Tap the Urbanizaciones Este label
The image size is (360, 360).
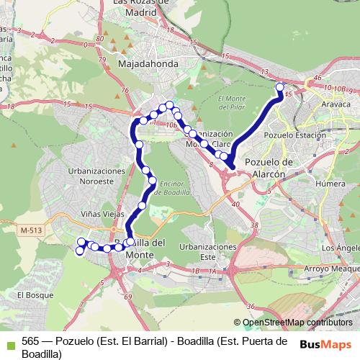tap(208, 252)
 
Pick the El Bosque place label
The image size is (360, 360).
tap(31, 294)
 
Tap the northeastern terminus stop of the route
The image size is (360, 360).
tap(280, 87)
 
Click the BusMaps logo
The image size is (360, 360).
tap(326, 343)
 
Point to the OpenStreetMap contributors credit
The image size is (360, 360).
tap(298, 322)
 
